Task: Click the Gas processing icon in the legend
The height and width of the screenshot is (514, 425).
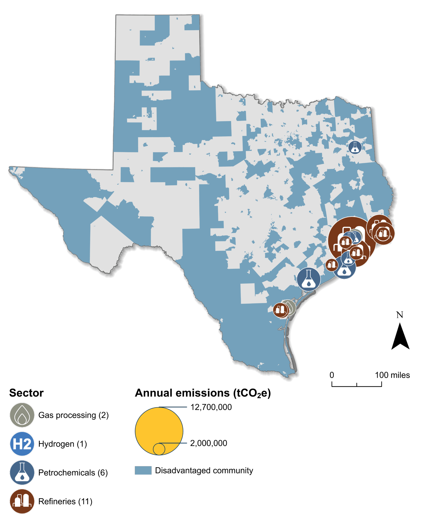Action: (x=22, y=415)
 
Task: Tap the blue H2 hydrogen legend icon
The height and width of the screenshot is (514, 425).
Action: (x=22, y=444)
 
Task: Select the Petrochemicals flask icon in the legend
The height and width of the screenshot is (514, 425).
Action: (x=22, y=473)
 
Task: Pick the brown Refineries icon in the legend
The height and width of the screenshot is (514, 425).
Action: (x=22, y=501)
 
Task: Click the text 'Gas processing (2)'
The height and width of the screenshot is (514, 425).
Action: (x=73, y=415)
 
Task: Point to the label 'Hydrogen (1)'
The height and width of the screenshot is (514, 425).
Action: (x=63, y=444)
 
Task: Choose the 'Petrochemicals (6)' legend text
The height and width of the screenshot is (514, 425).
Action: (x=73, y=473)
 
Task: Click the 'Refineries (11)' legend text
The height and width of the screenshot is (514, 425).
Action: (x=65, y=501)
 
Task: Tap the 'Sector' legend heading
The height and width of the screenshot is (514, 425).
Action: (x=26, y=393)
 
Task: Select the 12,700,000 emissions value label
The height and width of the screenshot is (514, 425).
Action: (x=211, y=407)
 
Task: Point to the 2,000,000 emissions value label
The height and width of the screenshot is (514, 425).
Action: (x=208, y=443)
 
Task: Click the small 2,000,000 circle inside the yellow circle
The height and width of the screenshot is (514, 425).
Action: (x=159, y=449)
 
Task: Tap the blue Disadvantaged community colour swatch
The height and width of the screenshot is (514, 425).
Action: (x=143, y=470)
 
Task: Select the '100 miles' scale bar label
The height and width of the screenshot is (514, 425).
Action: (x=392, y=375)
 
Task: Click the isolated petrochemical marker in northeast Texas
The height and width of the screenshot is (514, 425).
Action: (x=355, y=147)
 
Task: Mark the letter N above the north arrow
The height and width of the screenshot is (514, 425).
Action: (x=400, y=315)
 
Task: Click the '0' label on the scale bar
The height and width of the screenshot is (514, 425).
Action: (x=332, y=375)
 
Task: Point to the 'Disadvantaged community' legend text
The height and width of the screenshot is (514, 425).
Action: (x=204, y=470)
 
